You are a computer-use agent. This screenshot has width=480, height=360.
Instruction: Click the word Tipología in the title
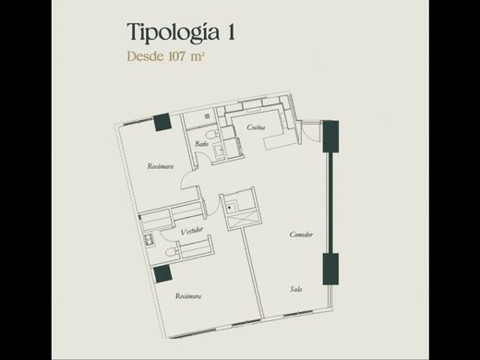[170, 33]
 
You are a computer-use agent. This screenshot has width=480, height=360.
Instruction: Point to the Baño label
[200, 144]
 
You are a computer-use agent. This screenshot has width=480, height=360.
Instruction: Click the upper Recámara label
[161, 166]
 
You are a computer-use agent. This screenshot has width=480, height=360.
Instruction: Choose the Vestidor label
[192, 230]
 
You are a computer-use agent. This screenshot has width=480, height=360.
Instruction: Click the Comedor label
[301, 234]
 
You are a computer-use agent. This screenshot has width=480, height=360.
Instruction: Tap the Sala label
[296, 290]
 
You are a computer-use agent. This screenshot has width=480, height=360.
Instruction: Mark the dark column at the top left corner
[162, 120]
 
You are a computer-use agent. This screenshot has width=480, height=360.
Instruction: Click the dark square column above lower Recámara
[162, 272]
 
